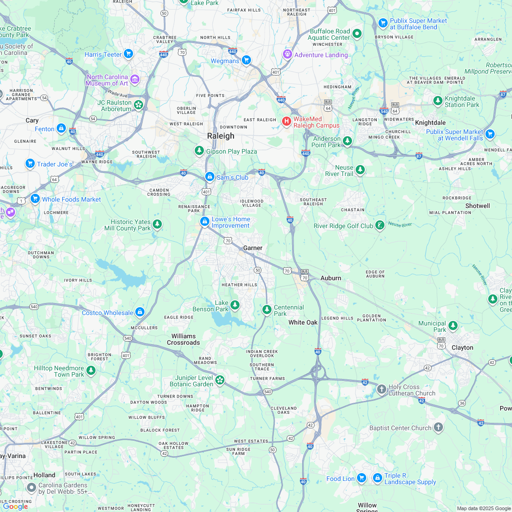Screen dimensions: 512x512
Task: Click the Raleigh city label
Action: (x=221, y=136)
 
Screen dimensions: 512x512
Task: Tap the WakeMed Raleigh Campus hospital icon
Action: (x=287, y=121)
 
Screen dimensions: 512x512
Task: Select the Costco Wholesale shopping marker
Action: (x=140, y=312)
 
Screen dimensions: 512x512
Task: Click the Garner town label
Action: (x=253, y=248)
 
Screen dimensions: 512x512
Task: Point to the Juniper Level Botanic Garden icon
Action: (x=220, y=380)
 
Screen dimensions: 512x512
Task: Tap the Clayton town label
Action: (x=462, y=347)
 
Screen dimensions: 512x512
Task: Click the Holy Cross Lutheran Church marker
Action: (x=381, y=389)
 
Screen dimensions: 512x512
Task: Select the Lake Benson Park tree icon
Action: (x=235, y=304)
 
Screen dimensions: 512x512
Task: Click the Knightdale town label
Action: (x=430, y=123)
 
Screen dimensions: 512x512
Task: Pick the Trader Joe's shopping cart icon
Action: (x=30, y=163)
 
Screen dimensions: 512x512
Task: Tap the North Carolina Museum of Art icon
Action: (x=134, y=80)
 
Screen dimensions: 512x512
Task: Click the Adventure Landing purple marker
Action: (x=287, y=54)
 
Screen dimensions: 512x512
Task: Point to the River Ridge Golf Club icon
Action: (x=379, y=225)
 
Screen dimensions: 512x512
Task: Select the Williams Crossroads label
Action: (x=183, y=339)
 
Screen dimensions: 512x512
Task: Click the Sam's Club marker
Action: (x=209, y=176)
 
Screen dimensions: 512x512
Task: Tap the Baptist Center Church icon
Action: (x=438, y=427)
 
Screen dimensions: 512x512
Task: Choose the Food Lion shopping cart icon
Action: (x=361, y=478)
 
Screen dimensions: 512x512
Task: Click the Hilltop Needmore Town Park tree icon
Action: (x=91, y=370)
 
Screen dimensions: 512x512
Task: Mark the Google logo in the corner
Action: (x=15, y=506)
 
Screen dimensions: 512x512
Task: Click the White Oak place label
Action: (x=303, y=322)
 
